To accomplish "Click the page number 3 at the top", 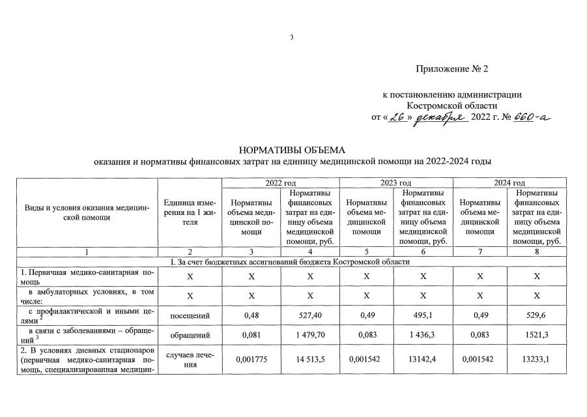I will pyautogui.click(x=293, y=37).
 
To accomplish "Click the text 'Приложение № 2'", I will pyautogui.click(x=451, y=69).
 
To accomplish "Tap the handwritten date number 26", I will pyautogui.click(x=393, y=117).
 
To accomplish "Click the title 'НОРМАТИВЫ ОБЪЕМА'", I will pyautogui.click(x=293, y=150).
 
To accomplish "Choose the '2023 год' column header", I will pyautogui.click(x=395, y=183).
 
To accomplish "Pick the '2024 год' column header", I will pyautogui.click(x=510, y=183).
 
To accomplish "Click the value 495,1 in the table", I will pyautogui.click(x=423, y=316).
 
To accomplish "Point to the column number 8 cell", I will pyautogui.click(x=537, y=251).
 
